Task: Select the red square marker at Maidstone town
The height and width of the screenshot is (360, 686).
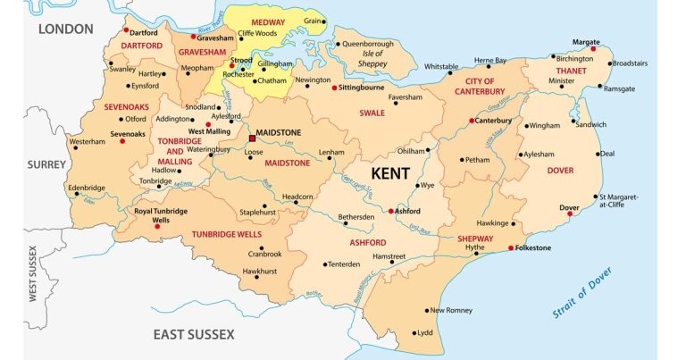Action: [x=252, y=138]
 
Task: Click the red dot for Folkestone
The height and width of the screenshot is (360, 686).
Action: [x=510, y=247]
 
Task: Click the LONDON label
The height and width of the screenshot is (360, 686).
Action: [x=65, y=29]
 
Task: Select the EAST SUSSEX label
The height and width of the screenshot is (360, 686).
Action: [x=193, y=334]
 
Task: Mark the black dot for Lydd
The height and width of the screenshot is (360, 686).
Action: [x=414, y=332]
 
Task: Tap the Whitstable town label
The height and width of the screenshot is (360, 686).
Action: [x=441, y=66]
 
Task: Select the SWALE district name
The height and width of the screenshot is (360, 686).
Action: [x=372, y=113]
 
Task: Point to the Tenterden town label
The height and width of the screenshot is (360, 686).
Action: [x=343, y=264]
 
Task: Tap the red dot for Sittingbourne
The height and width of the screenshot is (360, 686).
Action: [x=334, y=88]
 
